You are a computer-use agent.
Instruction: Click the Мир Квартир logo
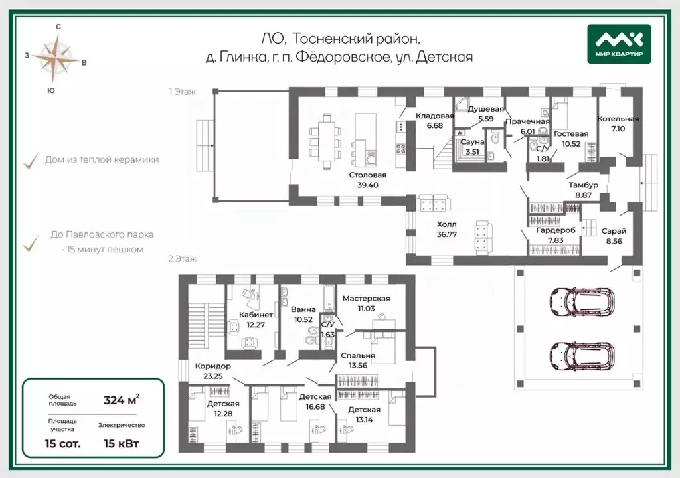click(619, 44)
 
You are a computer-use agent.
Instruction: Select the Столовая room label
click(368, 175)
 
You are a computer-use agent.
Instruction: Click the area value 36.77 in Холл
click(447, 234)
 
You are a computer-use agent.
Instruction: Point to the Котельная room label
click(618, 119)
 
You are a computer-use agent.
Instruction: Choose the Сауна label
click(472, 142)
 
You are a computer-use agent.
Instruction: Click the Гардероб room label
click(556, 230)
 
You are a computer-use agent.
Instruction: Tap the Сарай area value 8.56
click(614, 241)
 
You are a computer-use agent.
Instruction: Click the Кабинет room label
click(256, 315)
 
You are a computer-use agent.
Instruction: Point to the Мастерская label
click(366, 299)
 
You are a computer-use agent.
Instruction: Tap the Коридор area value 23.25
click(213, 376)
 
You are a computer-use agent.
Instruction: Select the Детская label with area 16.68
click(315, 397)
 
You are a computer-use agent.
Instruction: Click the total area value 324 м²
click(122, 400)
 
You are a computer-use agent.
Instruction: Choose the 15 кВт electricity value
click(122, 443)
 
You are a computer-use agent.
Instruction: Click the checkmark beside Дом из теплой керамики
click(31, 161)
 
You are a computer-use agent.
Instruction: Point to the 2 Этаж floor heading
click(182, 259)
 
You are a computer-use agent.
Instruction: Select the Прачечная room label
click(528, 122)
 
